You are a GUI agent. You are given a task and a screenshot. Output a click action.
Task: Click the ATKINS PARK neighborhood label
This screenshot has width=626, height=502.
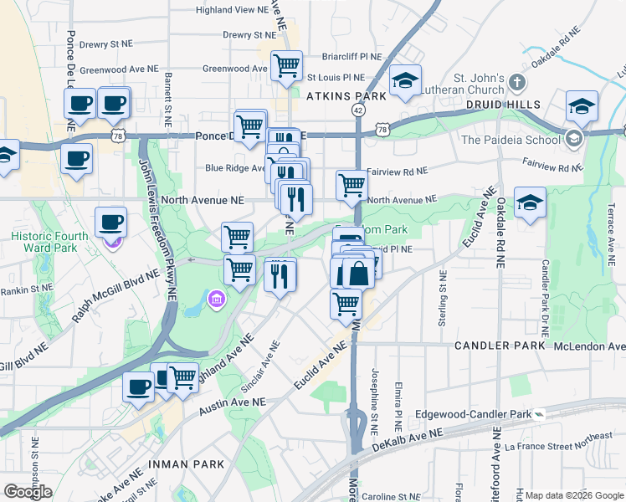click(x=346, y=96)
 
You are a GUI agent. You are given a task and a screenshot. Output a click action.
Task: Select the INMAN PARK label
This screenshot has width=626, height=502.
click(x=186, y=464)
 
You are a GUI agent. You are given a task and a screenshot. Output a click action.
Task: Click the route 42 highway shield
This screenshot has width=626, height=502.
click(x=358, y=110)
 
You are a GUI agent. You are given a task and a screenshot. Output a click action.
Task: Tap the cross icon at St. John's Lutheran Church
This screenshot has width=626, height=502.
click(x=517, y=83)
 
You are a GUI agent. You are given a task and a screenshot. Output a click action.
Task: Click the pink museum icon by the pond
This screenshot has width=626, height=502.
click(x=216, y=299)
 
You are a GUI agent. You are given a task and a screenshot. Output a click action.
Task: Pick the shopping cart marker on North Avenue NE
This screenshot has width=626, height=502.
click(x=351, y=185)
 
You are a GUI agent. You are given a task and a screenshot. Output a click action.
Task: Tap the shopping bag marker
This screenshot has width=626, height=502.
click(x=358, y=273)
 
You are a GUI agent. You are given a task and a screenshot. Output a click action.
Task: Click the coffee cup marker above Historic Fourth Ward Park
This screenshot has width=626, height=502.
click(x=111, y=222)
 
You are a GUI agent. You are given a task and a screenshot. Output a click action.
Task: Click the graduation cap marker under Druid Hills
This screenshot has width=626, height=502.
click(x=530, y=202)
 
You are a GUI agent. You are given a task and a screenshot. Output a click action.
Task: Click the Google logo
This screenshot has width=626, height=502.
click(x=28, y=491)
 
